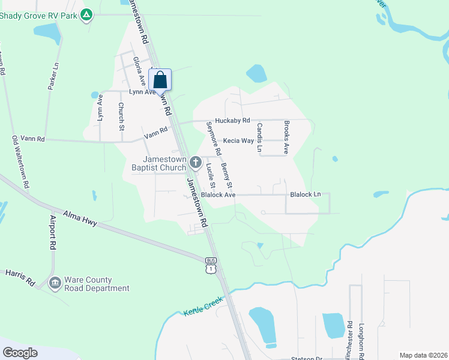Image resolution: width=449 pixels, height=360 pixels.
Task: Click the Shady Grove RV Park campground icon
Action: [x=87, y=14]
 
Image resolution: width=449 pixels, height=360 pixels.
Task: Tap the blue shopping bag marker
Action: [x=160, y=80]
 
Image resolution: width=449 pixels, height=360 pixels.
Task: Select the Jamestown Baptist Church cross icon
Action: [x=195, y=161]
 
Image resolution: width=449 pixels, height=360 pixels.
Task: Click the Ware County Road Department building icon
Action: [x=55, y=282]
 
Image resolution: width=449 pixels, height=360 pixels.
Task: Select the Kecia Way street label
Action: [x=238, y=141]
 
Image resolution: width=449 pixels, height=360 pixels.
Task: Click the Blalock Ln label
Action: [x=306, y=195]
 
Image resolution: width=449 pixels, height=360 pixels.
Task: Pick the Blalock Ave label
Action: [x=218, y=195]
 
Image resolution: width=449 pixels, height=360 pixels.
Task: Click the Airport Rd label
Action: [x=53, y=232]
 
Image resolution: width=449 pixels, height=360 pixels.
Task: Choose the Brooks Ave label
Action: [x=287, y=137]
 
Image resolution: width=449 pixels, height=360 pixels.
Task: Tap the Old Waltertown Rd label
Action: [x=21, y=163]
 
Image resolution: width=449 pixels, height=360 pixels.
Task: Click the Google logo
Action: [x=20, y=352]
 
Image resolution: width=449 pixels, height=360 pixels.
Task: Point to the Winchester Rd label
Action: [x=349, y=338]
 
